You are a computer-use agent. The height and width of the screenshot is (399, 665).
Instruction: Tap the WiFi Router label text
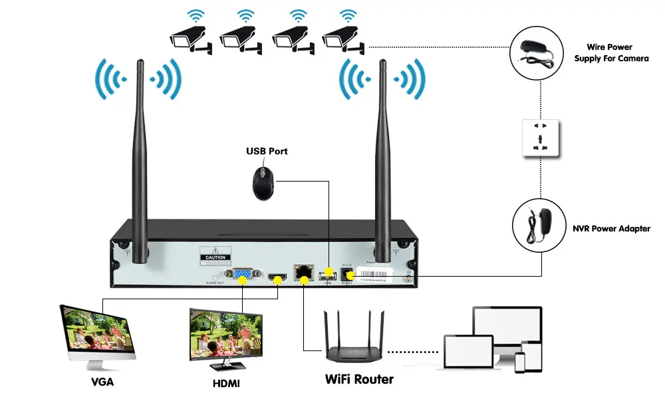[359, 379]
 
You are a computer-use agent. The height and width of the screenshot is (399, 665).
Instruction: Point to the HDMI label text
[226, 384]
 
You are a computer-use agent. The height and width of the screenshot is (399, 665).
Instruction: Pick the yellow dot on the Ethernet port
[304, 279]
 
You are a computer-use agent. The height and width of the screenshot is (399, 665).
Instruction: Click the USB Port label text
[267, 151]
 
